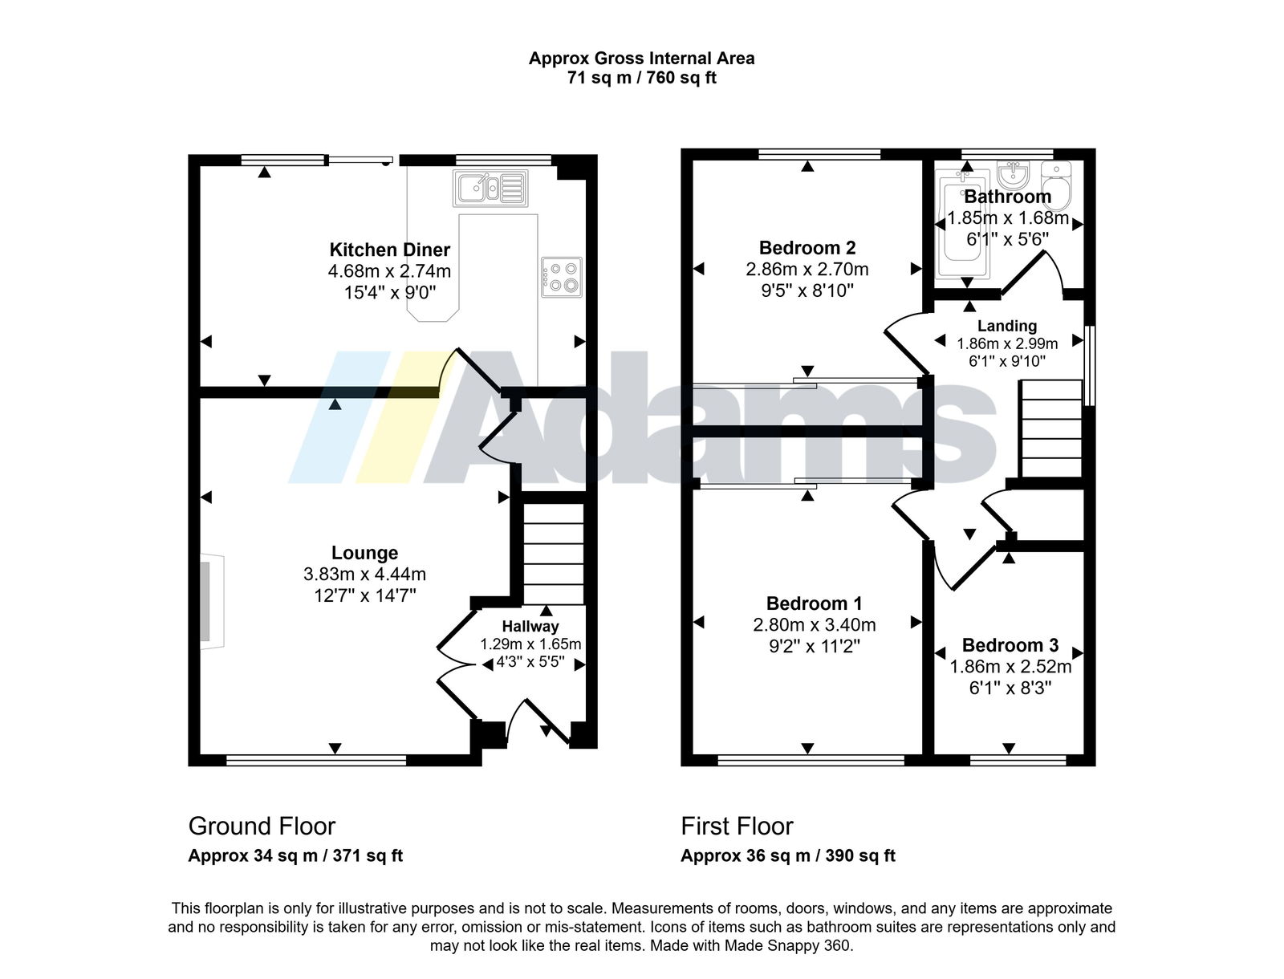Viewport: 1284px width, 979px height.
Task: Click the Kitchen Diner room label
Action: coord(389,250)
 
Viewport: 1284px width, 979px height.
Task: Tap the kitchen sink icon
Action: coord(490,188)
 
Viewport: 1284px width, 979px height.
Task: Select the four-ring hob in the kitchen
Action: coord(561,277)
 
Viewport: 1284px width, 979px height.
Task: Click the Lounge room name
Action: coord(364,553)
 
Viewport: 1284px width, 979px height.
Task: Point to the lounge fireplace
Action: coord(211,600)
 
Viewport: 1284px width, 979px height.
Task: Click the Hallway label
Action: coord(530,627)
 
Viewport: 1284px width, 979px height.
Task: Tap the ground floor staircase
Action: coord(553,554)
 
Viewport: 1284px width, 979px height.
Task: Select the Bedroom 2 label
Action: coord(807,248)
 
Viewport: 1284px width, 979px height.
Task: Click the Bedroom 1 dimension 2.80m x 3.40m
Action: coord(815,625)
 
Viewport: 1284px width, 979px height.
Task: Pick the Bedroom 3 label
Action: coord(1010,645)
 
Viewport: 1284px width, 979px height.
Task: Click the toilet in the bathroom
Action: coord(1056,185)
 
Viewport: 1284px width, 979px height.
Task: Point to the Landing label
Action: coord(1006,326)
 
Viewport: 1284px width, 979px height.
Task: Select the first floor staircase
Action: coord(1050,429)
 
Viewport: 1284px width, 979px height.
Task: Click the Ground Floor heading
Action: coord(262,827)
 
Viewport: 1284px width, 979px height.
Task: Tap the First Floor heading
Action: coord(737,827)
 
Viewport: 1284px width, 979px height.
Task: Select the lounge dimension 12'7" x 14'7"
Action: coord(365,596)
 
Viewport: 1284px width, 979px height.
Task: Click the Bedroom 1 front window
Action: coord(811,760)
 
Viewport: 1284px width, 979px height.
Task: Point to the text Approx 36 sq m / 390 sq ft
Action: coord(788,855)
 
